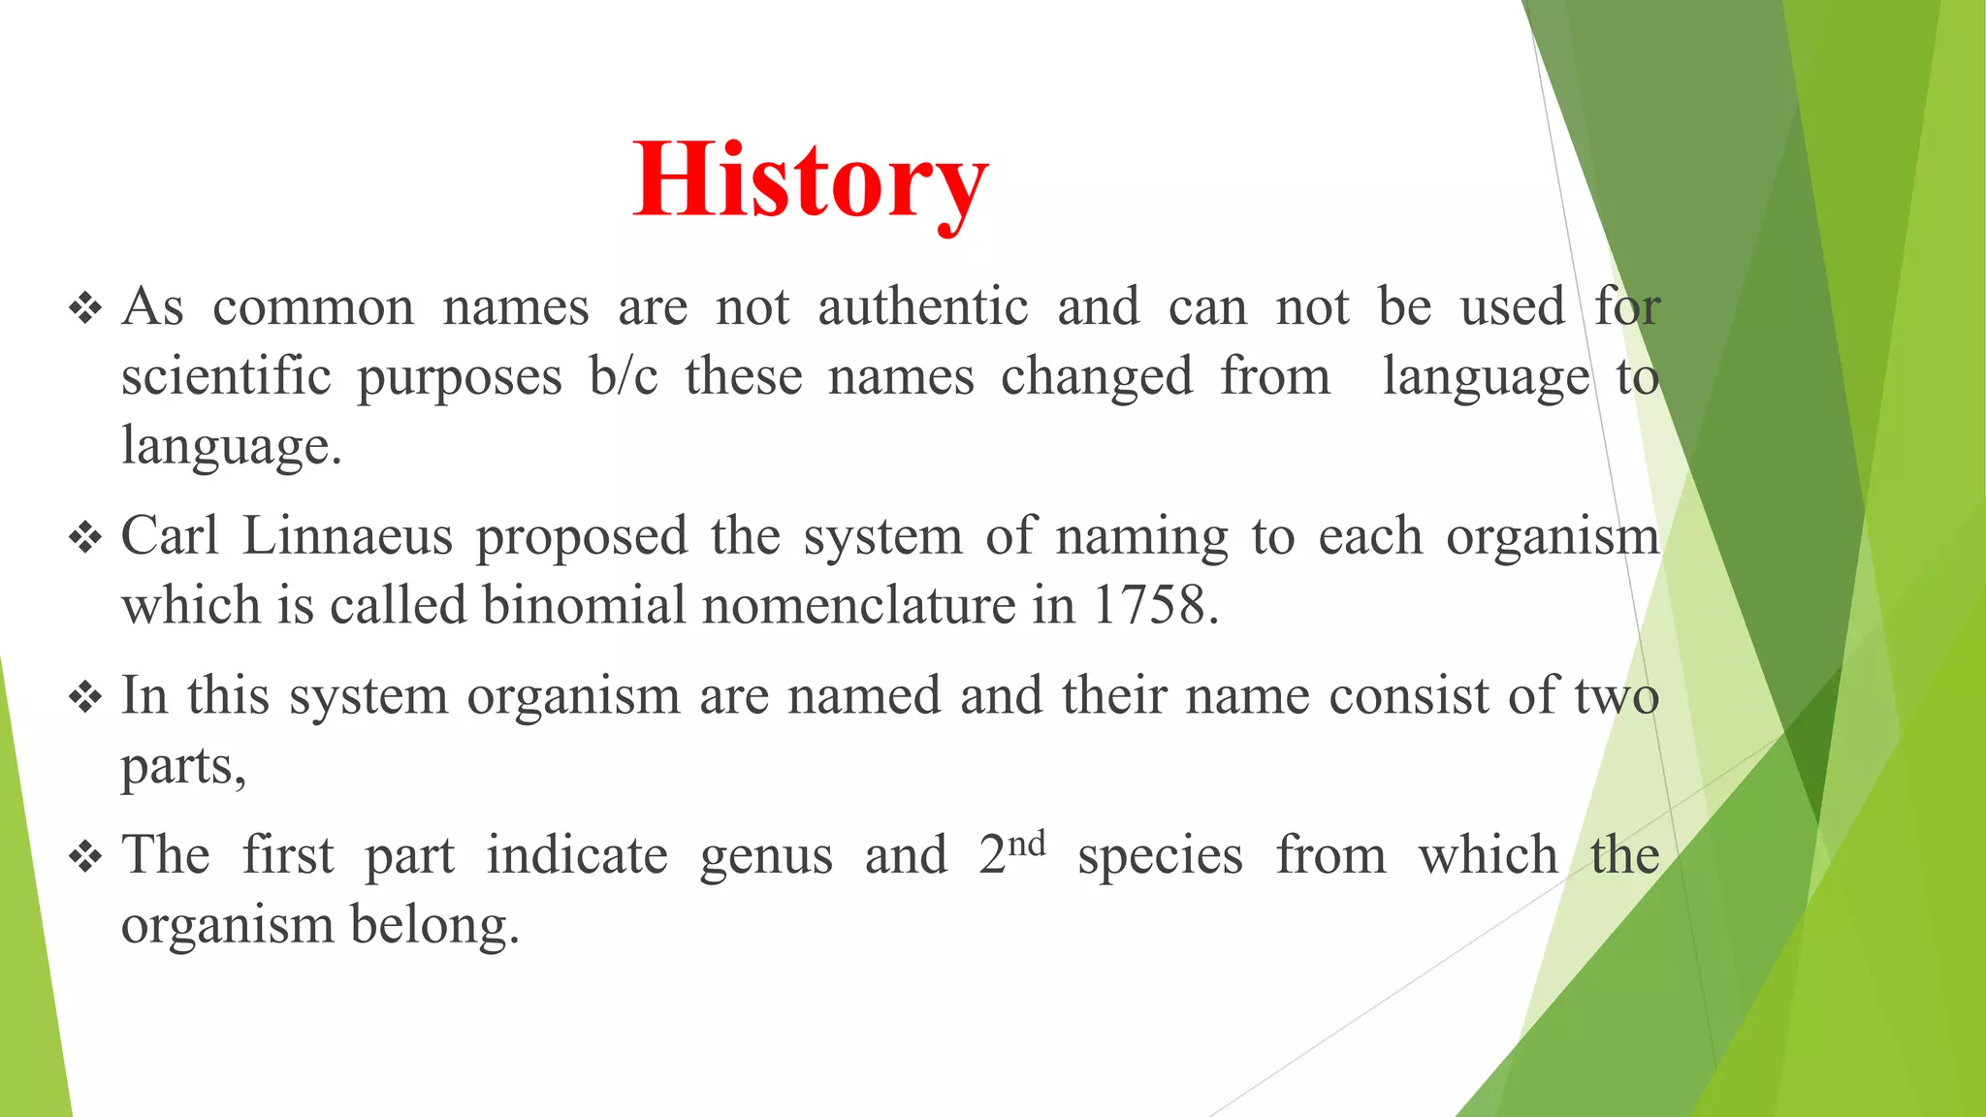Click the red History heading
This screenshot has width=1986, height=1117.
[811, 181]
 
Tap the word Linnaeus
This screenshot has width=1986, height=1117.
[347, 535]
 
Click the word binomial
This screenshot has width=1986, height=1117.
[584, 605]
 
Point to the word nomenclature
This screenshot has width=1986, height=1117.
[858, 605]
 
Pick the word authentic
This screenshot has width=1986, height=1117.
[922, 307]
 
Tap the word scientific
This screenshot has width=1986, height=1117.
[226, 376]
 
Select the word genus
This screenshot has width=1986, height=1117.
[765, 856]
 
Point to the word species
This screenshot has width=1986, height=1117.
[1160, 856]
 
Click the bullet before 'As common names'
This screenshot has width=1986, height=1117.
[85, 309]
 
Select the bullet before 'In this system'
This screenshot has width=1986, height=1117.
[85, 697]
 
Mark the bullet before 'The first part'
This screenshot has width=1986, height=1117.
[85, 857]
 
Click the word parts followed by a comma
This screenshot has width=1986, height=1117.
[183, 767]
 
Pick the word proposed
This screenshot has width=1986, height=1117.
[582, 537]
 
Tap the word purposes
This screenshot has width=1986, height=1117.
[460, 378]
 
